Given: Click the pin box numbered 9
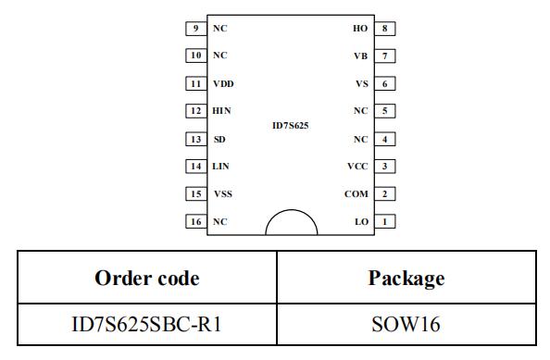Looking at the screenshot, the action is point(196,29).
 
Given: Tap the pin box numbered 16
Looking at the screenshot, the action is point(196,221).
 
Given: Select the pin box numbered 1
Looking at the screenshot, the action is point(385,221).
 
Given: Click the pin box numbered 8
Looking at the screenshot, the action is point(385,29).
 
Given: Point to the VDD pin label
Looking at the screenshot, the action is point(223,84).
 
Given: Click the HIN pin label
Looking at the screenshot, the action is point(221,111).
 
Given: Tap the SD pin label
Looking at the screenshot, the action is point(219,139).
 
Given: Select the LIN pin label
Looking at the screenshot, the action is point(220,167).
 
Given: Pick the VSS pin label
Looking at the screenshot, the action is point(223,193).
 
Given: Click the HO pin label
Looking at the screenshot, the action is point(360,29).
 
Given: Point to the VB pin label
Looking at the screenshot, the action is point(360,56).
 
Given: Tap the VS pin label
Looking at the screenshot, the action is point(362,84).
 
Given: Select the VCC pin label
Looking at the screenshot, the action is point(357,167).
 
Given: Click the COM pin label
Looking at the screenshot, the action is point(356,193).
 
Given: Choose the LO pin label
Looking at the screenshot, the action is point(362,221).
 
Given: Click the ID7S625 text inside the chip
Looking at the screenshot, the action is point(291,126).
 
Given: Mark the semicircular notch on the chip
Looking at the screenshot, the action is point(291,210).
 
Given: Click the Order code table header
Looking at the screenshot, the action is point(147,278).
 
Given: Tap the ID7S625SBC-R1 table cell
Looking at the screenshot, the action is point(146,324).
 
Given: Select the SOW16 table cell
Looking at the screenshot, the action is point(406,324).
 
